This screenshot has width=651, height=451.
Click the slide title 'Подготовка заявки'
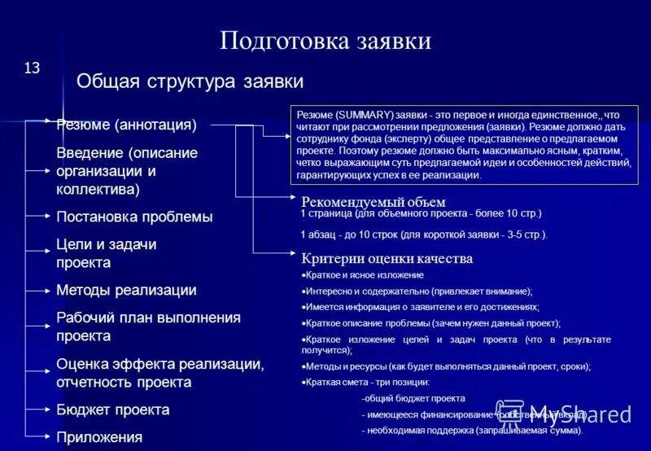tap(325, 41)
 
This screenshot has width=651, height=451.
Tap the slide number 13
tap(32, 68)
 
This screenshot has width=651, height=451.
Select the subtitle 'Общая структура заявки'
tap(190, 81)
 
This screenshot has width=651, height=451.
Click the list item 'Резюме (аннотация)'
tap(126, 125)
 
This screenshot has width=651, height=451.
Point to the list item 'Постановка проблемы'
tap(134, 217)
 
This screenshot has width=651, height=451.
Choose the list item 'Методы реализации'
tap(126, 291)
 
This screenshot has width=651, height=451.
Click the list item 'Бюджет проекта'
tap(112, 410)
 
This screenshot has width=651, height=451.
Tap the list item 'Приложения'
tap(99, 437)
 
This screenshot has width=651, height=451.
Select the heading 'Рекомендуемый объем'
tap(374, 202)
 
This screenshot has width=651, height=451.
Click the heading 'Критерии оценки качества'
tap(387, 259)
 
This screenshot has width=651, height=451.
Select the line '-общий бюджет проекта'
tap(413, 399)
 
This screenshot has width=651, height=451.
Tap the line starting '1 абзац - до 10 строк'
tap(423, 235)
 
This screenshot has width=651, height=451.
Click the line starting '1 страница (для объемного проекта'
tap(421, 213)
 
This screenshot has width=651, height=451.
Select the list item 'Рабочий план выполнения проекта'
tap(148, 326)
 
